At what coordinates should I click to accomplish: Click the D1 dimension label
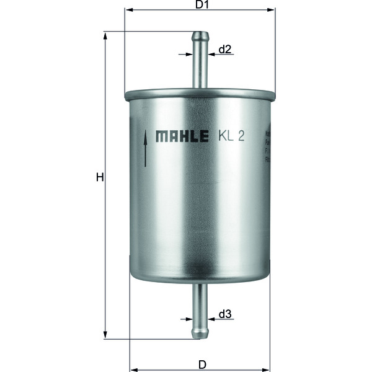(200, 5)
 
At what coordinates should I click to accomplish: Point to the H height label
(99, 178)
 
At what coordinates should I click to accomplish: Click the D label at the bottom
(201, 364)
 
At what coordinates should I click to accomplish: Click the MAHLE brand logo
(182, 136)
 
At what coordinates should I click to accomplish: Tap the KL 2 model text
(231, 136)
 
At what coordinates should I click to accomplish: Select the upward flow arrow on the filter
(145, 148)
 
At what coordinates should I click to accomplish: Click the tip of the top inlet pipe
(200, 35)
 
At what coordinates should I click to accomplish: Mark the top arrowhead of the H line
(105, 35)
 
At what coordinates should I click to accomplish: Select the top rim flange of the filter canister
(200, 96)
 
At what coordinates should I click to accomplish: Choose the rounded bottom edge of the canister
(200, 279)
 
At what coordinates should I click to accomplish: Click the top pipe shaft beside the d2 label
(200, 62)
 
